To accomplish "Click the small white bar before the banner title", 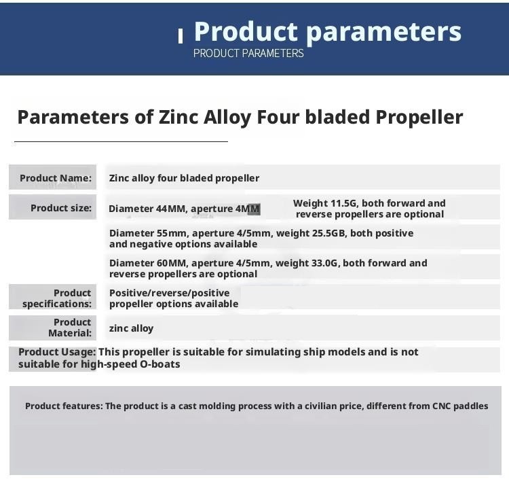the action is (x=181, y=35).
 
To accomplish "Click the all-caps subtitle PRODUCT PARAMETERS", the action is (x=248, y=53).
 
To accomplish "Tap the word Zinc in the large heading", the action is (x=178, y=117).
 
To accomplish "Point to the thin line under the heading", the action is (x=121, y=141).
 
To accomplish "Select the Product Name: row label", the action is (x=56, y=178).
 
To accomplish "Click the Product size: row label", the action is (x=61, y=208).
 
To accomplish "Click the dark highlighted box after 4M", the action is (x=254, y=209).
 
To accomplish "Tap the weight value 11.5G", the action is (x=342, y=203).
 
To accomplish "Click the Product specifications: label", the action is (x=57, y=298).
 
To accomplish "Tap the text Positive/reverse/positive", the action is (x=170, y=293).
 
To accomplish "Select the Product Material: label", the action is (x=70, y=328).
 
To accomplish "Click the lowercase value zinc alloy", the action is (x=131, y=328).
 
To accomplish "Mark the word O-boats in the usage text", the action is (x=160, y=364).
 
